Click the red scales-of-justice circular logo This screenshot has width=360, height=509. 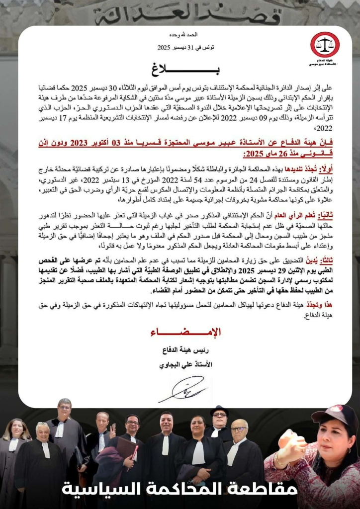point(325,44)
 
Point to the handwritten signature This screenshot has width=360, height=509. point(182,389)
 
